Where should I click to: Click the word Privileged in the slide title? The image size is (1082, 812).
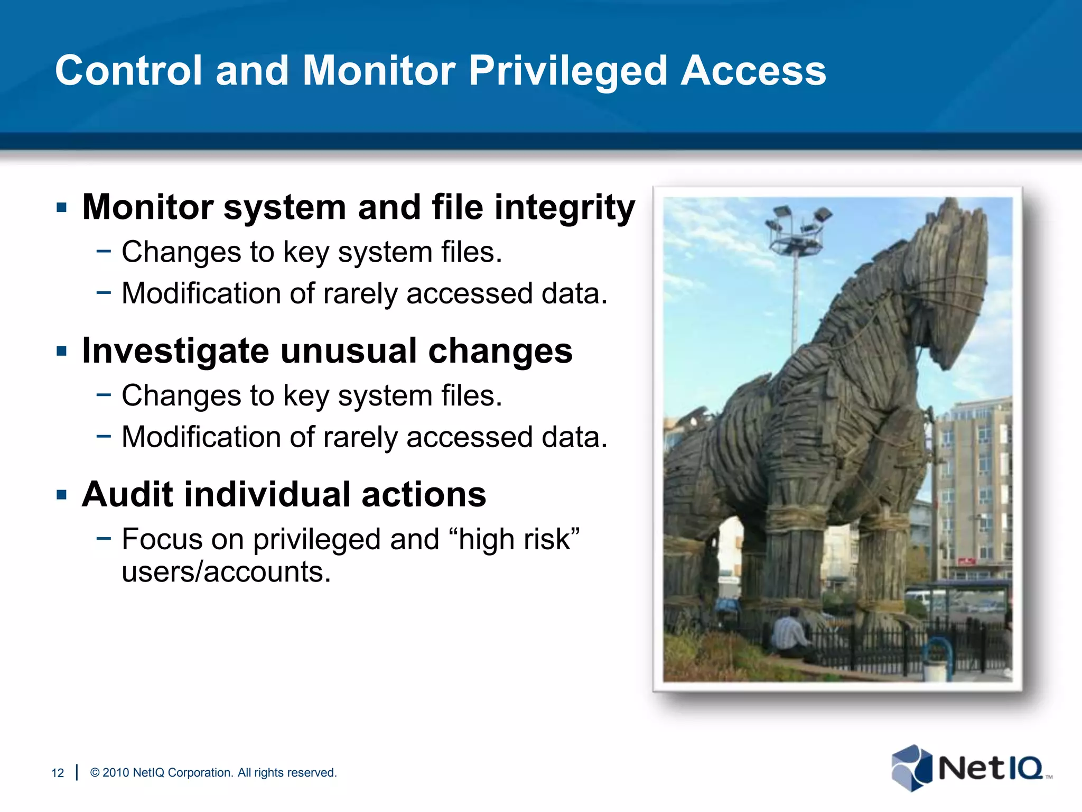(568, 71)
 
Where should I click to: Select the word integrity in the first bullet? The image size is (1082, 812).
(564, 207)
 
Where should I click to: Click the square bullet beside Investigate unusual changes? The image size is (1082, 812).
(62, 351)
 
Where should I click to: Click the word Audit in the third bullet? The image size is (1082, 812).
(127, 495)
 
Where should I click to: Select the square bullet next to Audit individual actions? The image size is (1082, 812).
(62, 495)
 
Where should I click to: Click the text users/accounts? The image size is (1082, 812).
(226, 572)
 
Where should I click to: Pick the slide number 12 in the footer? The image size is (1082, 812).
(58, 773)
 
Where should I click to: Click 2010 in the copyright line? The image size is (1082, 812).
(116, 773)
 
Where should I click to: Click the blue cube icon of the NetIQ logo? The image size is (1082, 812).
(911, 768)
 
